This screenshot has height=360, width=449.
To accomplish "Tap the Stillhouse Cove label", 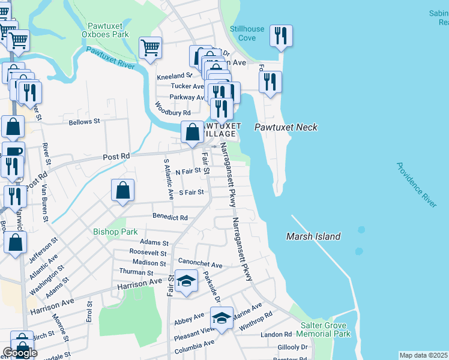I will tap(247, 33).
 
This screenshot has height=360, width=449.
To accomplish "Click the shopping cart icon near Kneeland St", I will tap(150, 48).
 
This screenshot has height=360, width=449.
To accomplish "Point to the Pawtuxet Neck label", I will tap(285, 127).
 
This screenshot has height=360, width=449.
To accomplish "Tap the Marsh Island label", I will tap(313, 236).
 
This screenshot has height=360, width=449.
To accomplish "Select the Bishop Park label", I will tap(115, 232).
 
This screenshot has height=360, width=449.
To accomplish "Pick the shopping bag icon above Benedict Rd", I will tap(122, 191).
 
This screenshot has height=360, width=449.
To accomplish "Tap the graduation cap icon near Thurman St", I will tap(186, 281).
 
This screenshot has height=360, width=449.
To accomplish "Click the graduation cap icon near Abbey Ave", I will tap(221, 317).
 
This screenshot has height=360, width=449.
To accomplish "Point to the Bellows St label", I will tap(84, 122).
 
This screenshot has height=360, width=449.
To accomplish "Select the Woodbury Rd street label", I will tap(172, 109).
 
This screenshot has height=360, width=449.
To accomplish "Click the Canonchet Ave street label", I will tap(200, 263).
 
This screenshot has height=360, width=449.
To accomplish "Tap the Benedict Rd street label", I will tap(170, 217).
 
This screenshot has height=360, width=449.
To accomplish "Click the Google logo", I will tap(20, 353).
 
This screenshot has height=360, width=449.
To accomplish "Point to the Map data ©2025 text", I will tap(423, 355).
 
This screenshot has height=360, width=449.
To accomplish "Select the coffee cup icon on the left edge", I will tap(13, 152).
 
